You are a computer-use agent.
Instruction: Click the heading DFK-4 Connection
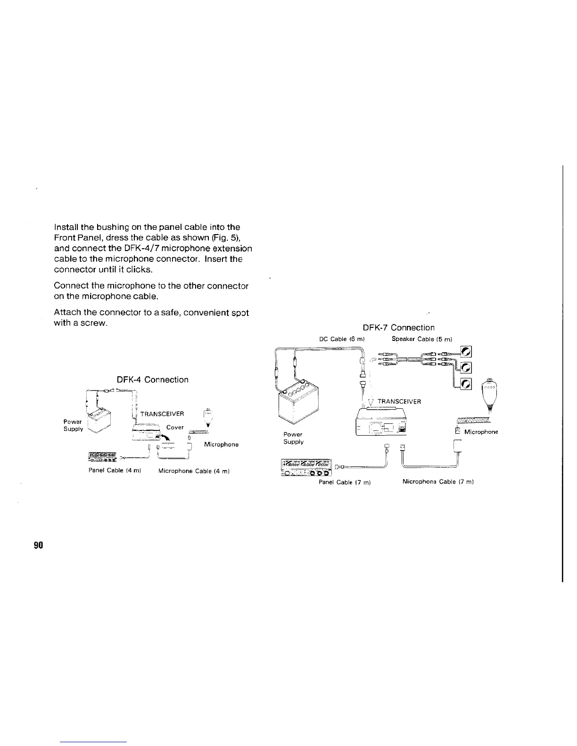152,380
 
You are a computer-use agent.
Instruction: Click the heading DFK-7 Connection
398,327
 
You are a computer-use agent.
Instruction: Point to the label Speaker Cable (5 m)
422,339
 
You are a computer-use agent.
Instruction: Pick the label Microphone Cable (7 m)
438,482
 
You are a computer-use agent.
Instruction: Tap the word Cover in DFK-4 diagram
175,427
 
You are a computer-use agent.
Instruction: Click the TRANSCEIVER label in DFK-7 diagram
399,401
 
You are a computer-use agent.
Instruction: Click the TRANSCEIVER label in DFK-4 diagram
162,414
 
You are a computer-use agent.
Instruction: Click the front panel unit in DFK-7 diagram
306,467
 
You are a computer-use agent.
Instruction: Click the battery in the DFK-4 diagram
99,420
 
